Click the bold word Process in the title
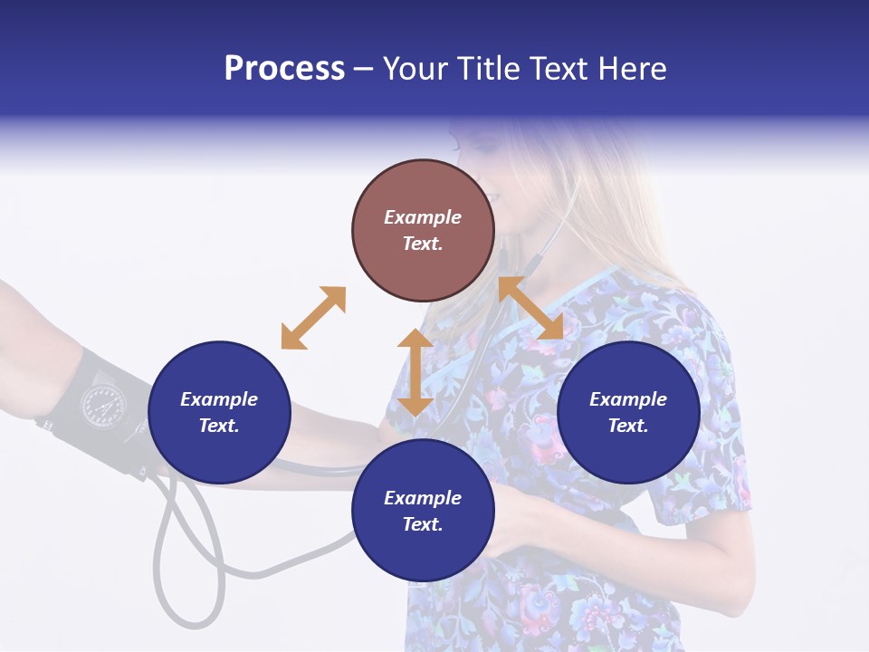pos(284,69)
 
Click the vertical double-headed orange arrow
pos(415,372)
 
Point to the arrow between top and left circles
pos(313,318)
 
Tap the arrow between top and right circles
pos(530,308)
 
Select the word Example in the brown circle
pos(423,217)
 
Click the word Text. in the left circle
pos(219,426)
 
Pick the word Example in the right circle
pos(628,399)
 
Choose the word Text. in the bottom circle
pos(423,524)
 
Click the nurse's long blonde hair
pos(625,208)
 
